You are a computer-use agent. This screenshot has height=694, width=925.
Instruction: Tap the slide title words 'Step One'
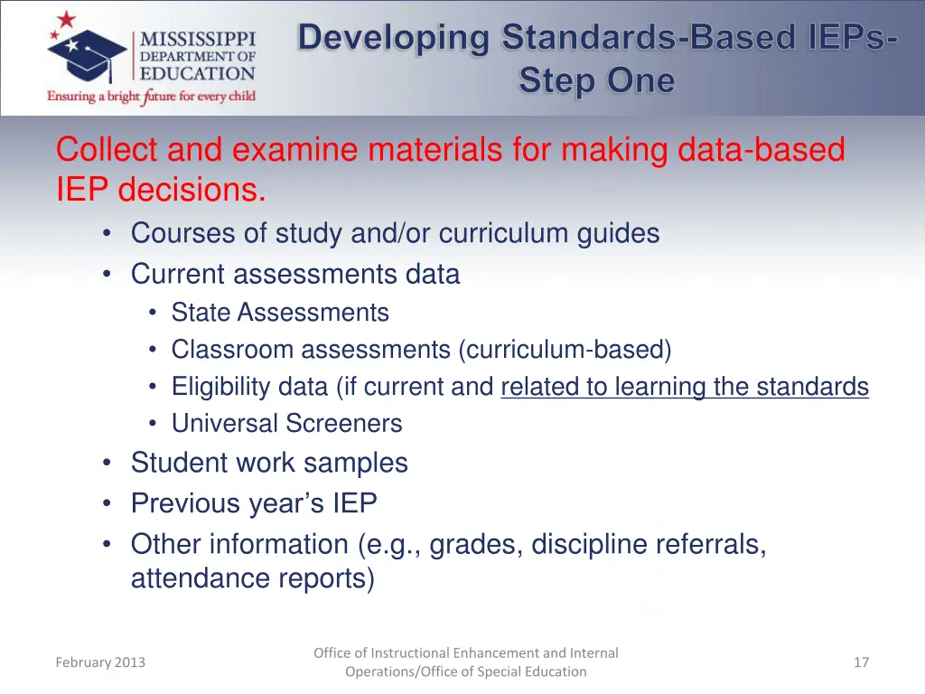[x=596, y=81]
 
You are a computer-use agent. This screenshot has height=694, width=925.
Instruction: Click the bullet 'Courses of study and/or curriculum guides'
[x=395, y=233]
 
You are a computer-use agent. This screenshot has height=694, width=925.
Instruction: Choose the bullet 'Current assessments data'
[x=295, y=274]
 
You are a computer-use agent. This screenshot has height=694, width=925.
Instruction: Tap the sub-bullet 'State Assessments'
[x=280, y=313]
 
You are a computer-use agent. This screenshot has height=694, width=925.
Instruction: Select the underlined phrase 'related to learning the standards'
[x=685, y=387]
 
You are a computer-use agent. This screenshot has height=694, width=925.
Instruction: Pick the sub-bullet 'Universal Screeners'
[x=286, y=423]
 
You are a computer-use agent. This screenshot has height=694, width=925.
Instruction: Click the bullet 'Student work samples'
[x=269, y=463]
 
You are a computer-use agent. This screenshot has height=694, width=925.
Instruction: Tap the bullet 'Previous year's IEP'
[x=254, y=503]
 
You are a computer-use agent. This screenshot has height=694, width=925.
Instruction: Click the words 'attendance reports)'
[x=252, y=578]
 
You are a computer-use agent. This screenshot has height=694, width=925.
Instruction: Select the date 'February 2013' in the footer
[x=100, y=662]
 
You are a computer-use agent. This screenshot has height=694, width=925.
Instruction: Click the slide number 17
[x=861, y=662]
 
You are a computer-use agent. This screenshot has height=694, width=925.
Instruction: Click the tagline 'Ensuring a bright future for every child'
[x=152, y=96]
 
